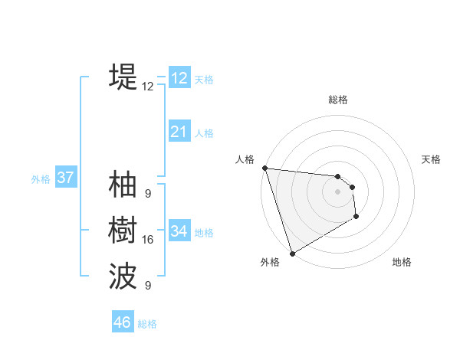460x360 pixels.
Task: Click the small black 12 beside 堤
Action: pyautogui.click(x=147, y=87)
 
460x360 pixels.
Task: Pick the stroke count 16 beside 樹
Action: pyautogui.click(x=147, y=240)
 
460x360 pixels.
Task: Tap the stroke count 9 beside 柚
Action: pyautogui.click(x=147, y=193)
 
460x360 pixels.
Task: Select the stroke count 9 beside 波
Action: pyautogui.click(x=147, y=286)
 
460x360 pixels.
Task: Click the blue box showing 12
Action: pyautogui.click(x=179, y=78)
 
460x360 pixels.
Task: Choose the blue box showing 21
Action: pyautogui.click(x=179, y=132)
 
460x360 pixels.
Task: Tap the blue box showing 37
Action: pyautogui.click(x=65, y=178)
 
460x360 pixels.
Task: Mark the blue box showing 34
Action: pyautogui.click(x=179, y=231)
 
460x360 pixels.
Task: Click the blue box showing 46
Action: pyautogui.click(x=123, y=322)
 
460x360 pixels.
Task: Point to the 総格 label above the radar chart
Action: pyautogui.click(x=337, y=100)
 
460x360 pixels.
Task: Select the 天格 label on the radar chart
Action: pyautogui.click(x=431, y=159)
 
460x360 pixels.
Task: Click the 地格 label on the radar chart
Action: pyautogui.click(x=402, y=262)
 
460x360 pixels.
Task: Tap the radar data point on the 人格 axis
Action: pyautogui.click(x=264, y=168)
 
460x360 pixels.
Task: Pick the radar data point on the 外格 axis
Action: pyautogui.click(x=292, y=254)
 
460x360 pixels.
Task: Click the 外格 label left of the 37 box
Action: pyautogui.click(x=41, y=179)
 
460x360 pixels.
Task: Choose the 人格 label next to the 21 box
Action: pyautogui.click(x=204, y=133)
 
